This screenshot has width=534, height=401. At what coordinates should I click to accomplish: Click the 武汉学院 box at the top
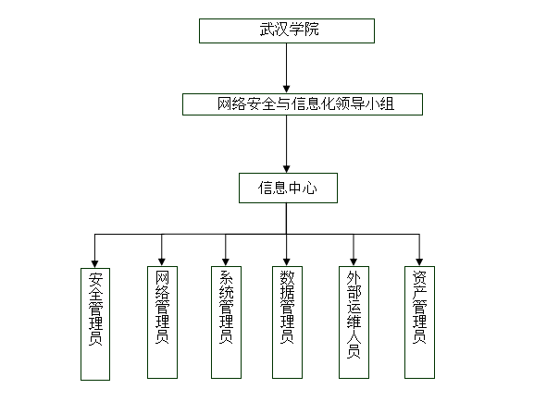(287, 30)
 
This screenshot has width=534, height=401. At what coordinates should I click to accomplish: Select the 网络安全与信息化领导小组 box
(303, 104)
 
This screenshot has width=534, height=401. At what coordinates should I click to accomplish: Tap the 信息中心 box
(288, 188)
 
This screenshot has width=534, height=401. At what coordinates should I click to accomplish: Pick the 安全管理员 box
(95, 323)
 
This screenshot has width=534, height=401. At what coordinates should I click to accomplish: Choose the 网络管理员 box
(162, 322)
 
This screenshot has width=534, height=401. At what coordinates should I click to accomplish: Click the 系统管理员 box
(226, 322)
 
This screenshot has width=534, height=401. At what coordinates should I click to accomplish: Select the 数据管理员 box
(287, 322)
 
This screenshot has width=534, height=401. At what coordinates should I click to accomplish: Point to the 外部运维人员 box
(354, 322)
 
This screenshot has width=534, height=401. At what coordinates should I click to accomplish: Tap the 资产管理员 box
(419, 322)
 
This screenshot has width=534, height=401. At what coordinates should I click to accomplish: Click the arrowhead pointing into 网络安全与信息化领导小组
(286, 90)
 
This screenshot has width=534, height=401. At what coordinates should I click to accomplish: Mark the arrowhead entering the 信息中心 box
(286, 169)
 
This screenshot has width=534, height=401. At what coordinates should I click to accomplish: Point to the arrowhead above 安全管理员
(94, 264)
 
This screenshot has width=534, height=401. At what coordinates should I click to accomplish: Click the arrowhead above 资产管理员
(419, 262)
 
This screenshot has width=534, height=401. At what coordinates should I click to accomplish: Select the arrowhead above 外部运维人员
(354, 262)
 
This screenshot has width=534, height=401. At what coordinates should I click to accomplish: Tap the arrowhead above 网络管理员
(162, 262)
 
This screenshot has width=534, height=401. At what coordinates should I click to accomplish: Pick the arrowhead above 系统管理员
(226, 262)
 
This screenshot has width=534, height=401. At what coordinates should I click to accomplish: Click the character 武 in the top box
(267, 30)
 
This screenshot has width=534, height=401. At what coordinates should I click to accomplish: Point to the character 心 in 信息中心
(310, 188)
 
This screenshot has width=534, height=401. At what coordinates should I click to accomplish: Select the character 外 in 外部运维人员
(354, 278)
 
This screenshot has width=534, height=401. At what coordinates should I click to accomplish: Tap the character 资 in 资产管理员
(419, 277)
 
